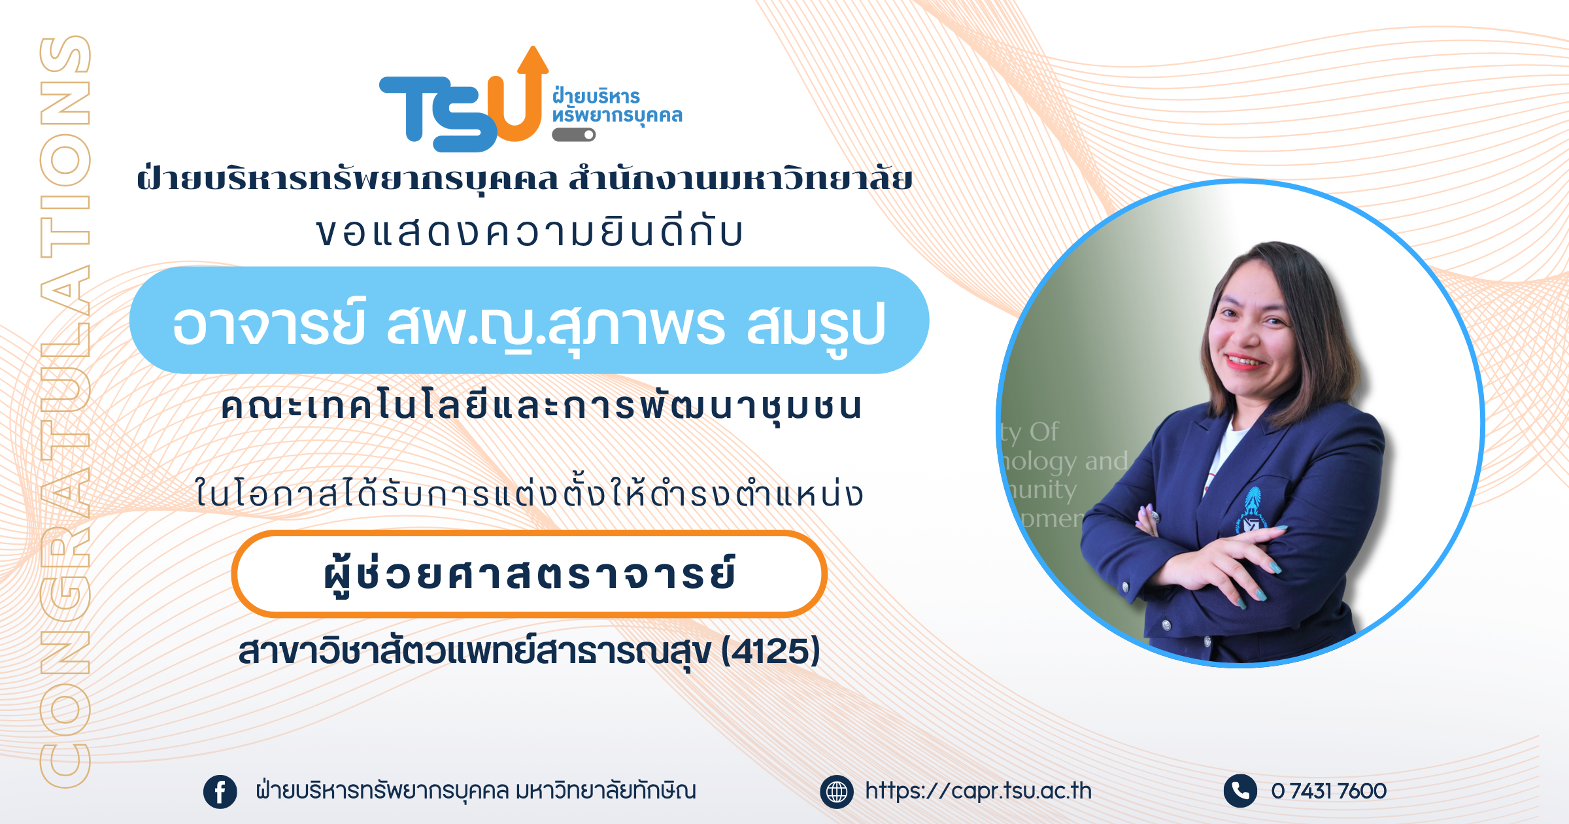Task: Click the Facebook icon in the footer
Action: point(220,792)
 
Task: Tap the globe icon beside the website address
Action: point(837,792)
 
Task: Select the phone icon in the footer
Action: point(1240,791)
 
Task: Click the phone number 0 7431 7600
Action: point(1328,791)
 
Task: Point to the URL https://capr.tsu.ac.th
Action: point(978,791)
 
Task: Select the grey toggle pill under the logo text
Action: point(574,135)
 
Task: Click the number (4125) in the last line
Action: point(771,651)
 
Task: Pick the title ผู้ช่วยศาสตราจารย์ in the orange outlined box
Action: point(530,574)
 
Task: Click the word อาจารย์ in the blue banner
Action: point(269,323)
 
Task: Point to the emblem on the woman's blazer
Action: point(1251,512)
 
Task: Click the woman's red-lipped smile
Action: point(1246,360)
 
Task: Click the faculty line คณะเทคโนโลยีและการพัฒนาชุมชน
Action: point(542,407)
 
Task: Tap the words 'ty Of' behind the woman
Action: point(1030,432)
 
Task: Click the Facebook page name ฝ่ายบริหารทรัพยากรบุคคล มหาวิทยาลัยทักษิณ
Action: point(476,791)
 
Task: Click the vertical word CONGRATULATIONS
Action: point(65,411)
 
